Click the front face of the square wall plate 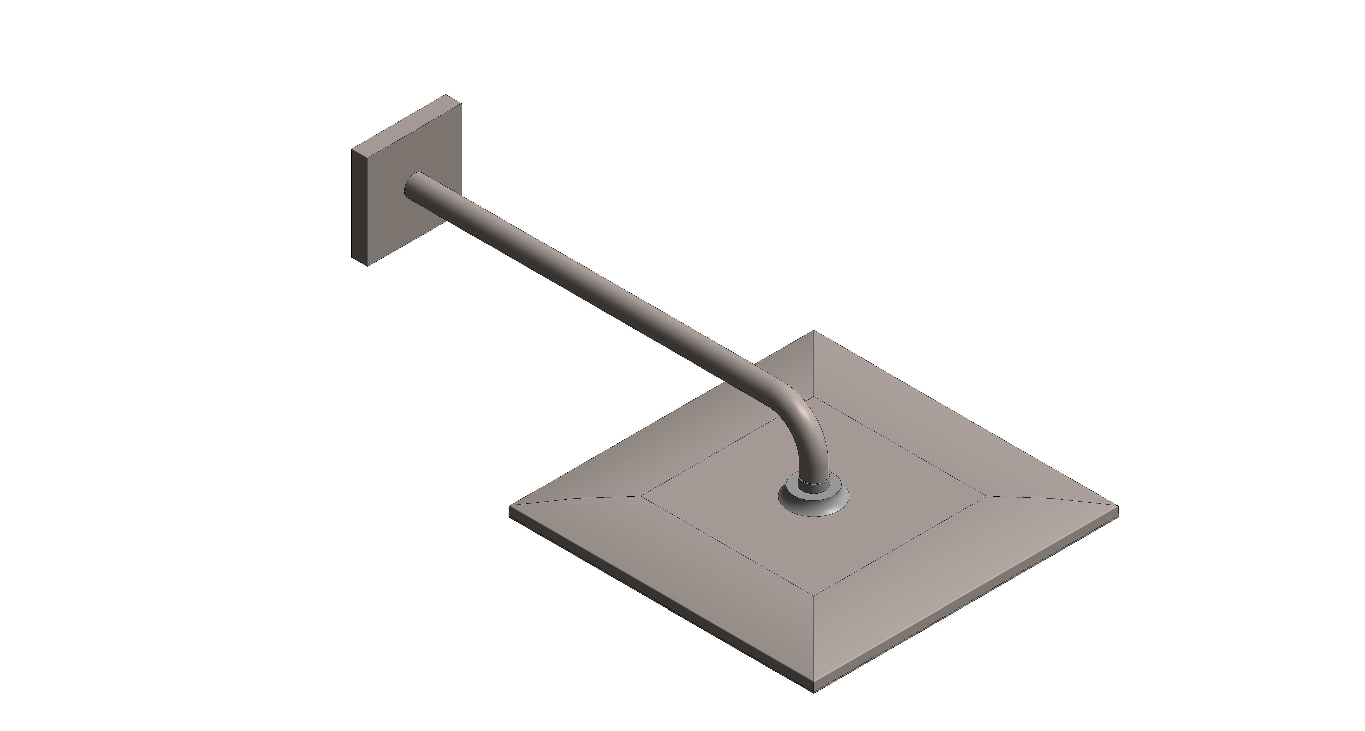pyautogui.click(x=419, y=212)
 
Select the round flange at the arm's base pyautogui.click(x=813, y=504)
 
